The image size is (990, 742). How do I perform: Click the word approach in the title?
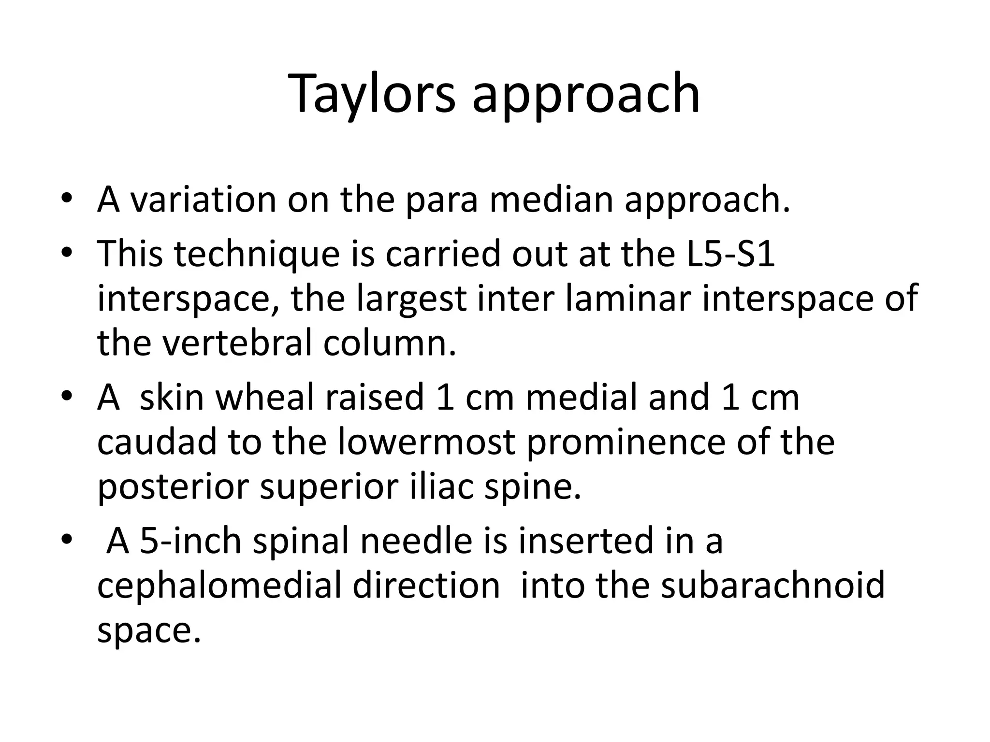point(586,94)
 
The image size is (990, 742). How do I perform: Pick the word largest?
point(411,299)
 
